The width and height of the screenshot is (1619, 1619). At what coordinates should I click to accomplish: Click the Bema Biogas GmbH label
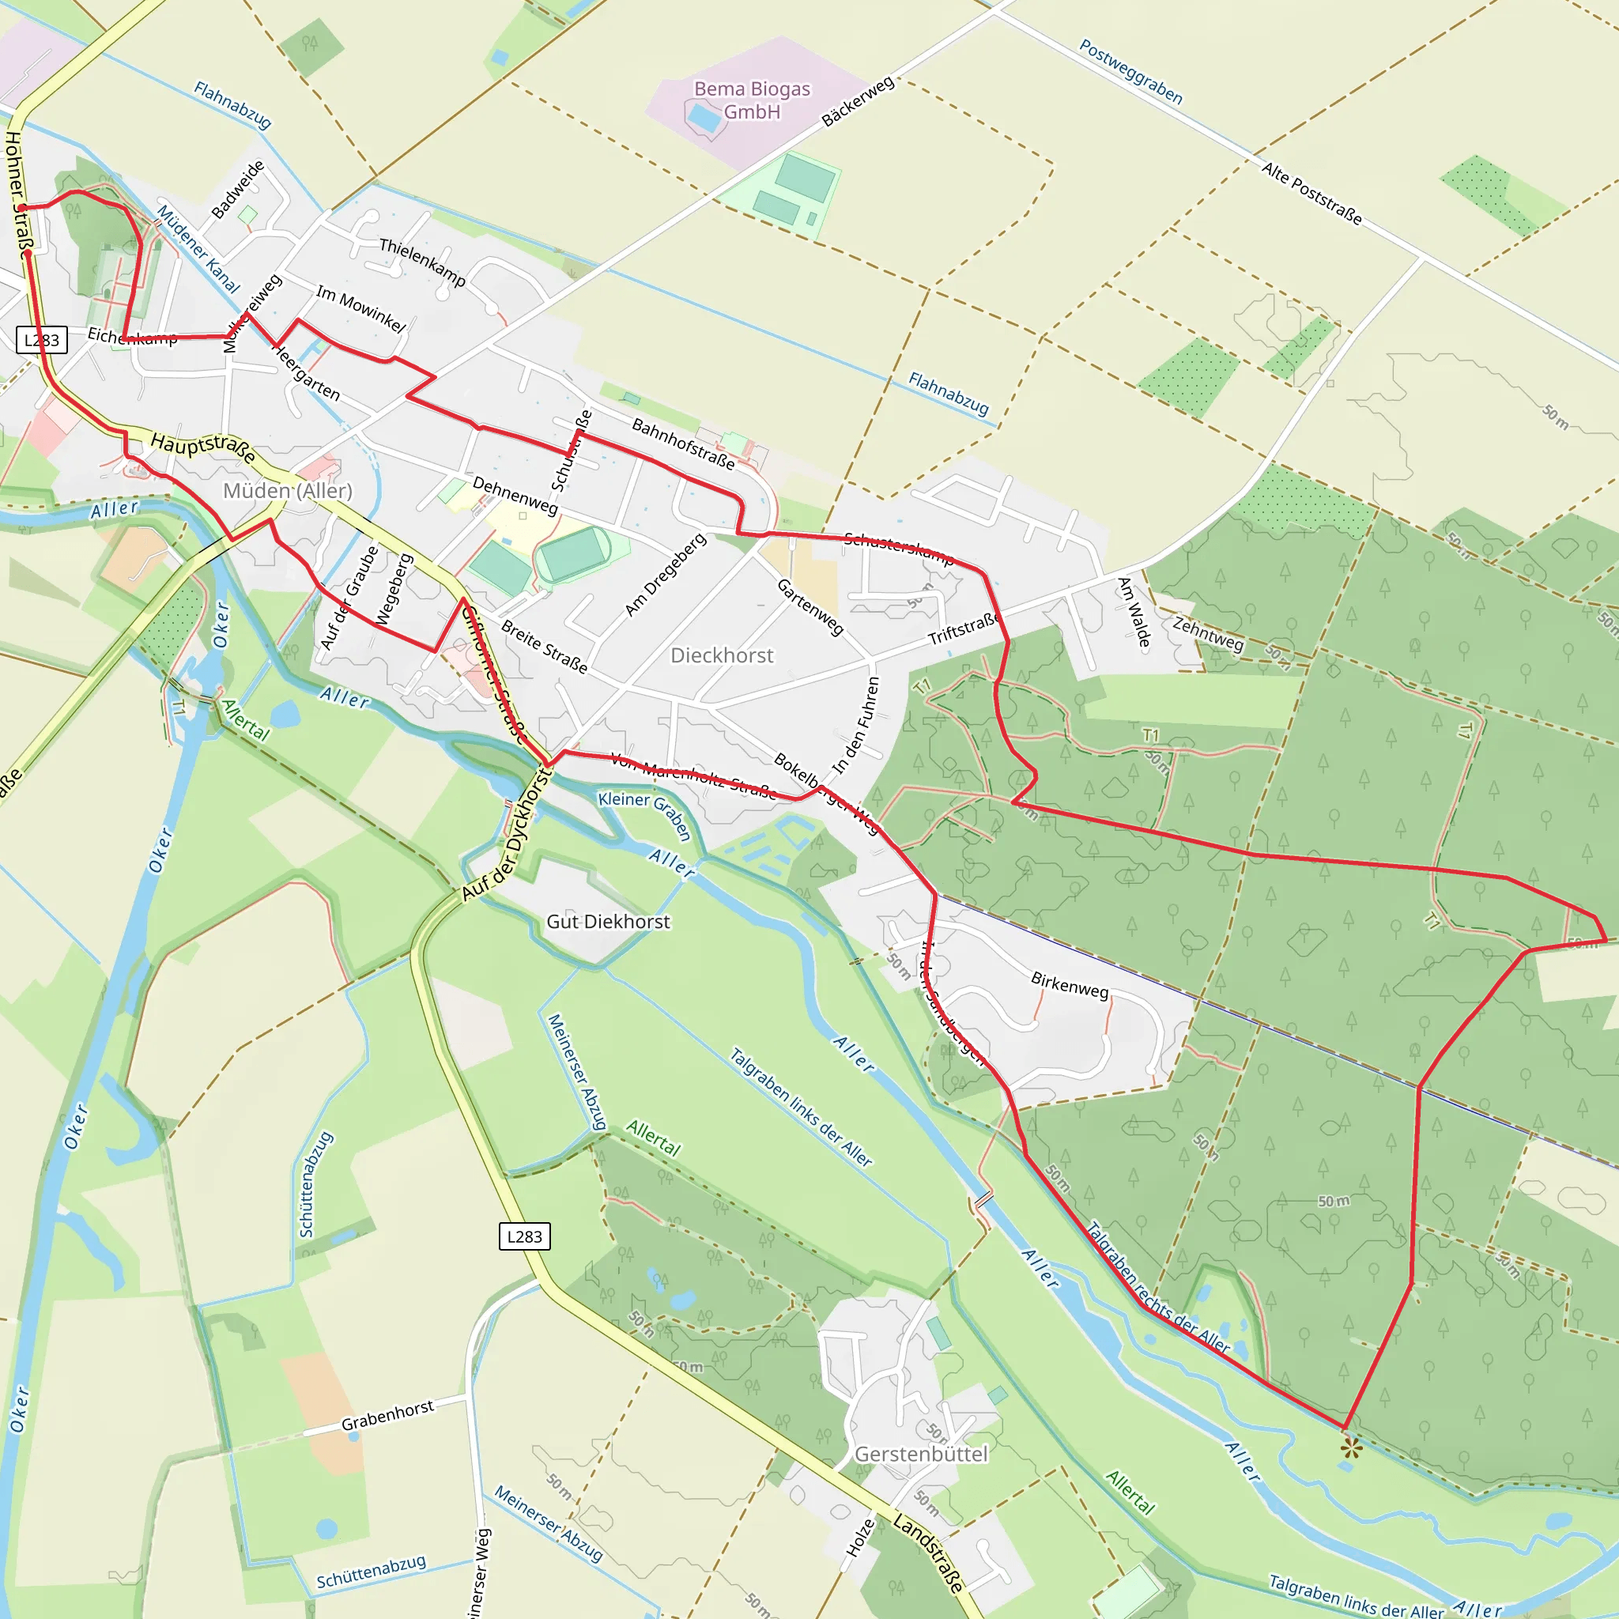[x=752, y=100]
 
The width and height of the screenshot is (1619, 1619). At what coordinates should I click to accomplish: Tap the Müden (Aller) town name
[x=288, y=490]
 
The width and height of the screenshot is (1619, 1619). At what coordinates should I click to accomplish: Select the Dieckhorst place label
[x=722, y=655]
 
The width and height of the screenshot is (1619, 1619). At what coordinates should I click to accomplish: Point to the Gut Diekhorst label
[x=609, y=922]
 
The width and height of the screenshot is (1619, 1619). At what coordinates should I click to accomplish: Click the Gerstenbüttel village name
[x=921, y=1454]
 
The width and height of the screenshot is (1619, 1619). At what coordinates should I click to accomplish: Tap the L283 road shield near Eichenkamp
[x=42, y=339]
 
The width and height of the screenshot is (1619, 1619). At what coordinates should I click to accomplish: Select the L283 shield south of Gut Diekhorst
[x=525, y=1236]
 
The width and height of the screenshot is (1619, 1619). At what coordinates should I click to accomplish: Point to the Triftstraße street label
[x=964, y=628]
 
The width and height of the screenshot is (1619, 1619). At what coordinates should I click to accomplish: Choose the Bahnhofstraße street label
[x=683, y=444]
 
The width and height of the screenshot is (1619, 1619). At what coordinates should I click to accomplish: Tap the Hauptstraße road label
[x=203, y=447]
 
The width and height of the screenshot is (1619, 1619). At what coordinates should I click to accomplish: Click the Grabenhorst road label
[x=387, y=1415]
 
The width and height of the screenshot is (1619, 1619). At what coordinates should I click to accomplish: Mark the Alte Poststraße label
[x=1311, y=194]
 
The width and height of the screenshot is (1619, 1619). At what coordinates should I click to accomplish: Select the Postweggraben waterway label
[x=1130, y=72]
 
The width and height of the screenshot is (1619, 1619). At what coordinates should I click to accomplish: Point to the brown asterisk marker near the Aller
[x=1351, y=1447]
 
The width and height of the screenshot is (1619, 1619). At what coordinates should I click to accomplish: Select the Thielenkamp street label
[x=422, y=262]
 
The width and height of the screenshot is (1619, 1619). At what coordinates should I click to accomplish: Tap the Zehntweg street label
[x=1208, y=633]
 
